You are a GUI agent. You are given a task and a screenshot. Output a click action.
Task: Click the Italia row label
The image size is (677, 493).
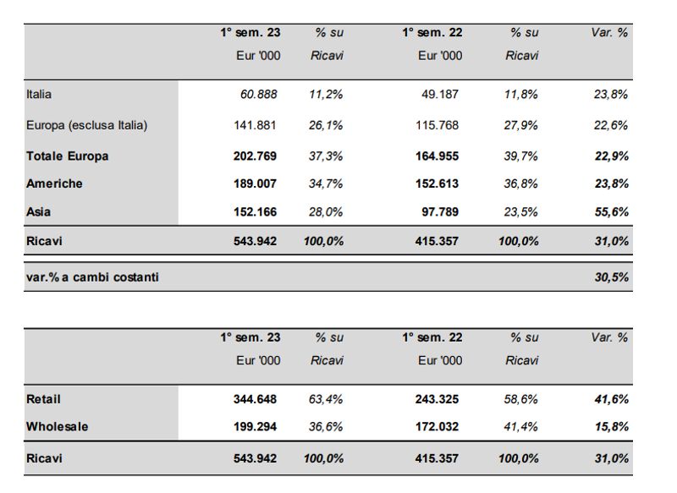click(39, 95)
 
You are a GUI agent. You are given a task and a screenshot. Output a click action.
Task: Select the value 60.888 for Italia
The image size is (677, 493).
click(258, 95)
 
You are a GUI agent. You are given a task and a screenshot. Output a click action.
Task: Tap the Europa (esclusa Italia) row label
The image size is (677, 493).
click(86, 125)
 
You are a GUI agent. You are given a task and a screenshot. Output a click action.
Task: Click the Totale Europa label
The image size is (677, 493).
click(68, 156)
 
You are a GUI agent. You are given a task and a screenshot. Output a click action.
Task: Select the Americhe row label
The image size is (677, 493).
click(54, 184)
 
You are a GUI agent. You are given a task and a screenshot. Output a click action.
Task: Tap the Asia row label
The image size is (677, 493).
click(39, 211)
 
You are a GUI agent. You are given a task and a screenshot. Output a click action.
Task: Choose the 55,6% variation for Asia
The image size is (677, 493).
click(611, 211)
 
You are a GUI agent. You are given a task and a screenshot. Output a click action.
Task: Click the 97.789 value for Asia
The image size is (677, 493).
click(440, 211)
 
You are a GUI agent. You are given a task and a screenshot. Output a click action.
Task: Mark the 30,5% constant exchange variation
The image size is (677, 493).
click(611, 277)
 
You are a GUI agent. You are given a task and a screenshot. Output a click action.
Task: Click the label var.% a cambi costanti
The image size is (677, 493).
click(92, 277)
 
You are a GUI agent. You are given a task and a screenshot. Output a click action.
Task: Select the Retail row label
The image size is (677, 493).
click(43, 399)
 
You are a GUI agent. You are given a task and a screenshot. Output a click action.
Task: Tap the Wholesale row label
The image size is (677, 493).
click(57, 427)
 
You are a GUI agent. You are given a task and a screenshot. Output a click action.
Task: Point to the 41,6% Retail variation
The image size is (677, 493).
click(611, 399)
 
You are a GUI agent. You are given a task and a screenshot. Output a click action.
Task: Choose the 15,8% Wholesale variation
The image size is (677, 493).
click(611, 427)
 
